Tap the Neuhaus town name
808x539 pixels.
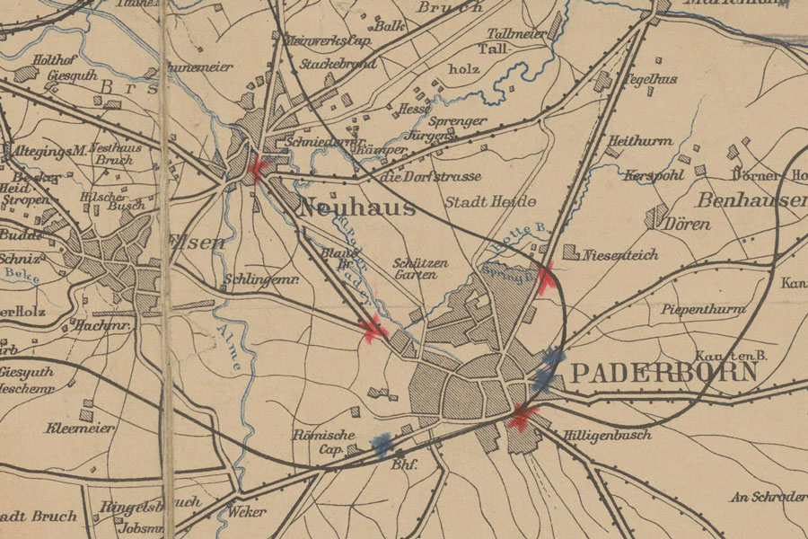[x=356, y=208]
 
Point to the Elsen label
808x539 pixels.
[x=195, y=241]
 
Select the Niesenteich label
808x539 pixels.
[x=620, y=255]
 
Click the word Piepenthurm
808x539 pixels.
[x=704, y=309]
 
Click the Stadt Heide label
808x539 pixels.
[x=490, y=201]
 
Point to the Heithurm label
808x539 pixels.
[x=640, y=141]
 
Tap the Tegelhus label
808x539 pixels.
[x=650, y=80]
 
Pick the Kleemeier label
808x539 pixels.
[x=81, y=429]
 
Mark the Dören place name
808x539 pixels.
[x=687, y=224]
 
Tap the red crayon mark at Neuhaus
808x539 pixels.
[x=259, y=167]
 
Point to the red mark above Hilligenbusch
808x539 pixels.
[x=521, y=416]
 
